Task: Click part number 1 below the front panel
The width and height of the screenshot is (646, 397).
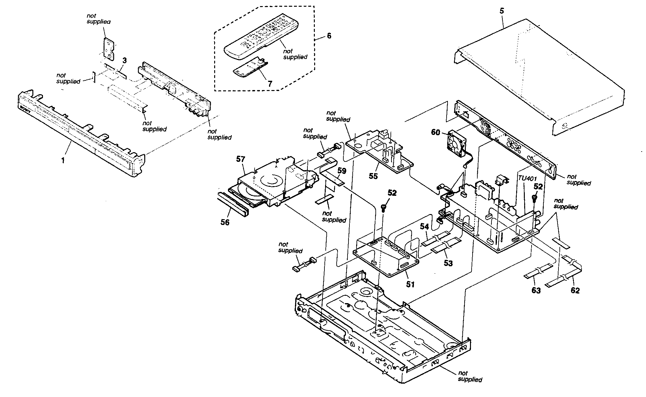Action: coord(63,160)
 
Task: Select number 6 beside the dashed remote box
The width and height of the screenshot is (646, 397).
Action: coord(329,36)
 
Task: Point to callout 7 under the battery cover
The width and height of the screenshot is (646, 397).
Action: coord(270,84)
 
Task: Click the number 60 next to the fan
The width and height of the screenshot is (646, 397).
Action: coord(435,132)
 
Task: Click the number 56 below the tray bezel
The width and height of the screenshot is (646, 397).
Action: coord(225,222)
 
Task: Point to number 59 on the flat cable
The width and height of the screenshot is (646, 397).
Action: coord(342,171)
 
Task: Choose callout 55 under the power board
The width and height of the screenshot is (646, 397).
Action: coord(373,176)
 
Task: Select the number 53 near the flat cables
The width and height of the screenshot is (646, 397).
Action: coord(448,263)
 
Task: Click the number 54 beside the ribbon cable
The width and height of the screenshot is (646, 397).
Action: coord(424,227)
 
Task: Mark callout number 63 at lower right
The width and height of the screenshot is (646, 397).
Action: coord(536,290)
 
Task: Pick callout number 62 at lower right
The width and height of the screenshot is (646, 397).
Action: coord(575,291)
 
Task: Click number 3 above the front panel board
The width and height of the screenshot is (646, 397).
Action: coord(125,60)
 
